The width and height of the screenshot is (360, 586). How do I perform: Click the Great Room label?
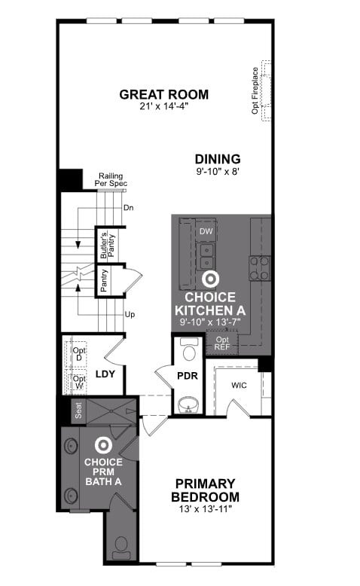click(x=163, y=95)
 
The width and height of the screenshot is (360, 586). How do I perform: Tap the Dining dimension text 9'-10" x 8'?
click(x=218, y=172)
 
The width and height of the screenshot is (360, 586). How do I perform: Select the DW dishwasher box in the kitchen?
click(x=206, y=231)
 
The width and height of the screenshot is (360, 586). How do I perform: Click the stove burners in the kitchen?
click(x=259, y=268)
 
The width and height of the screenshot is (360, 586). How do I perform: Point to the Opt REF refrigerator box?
click(x=222, y=343)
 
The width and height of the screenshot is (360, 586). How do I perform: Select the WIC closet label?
click(x=239, y=385)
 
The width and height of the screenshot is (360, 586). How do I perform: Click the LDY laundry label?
click(x=105, y=374)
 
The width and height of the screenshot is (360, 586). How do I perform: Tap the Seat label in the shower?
click(x=78, y=411)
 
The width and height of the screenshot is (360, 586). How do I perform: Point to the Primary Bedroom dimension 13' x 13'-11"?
click(x=206, y=508)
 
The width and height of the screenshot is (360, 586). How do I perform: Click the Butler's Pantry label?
click(x=107, y=245)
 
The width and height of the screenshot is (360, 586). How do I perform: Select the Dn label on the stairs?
click(x=128, y=208)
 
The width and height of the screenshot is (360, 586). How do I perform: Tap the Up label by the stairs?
click(x=130, y=314)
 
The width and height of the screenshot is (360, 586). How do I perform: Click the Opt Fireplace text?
click(x=255, y=90)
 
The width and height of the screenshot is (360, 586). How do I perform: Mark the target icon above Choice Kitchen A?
click(x=209, y=279)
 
